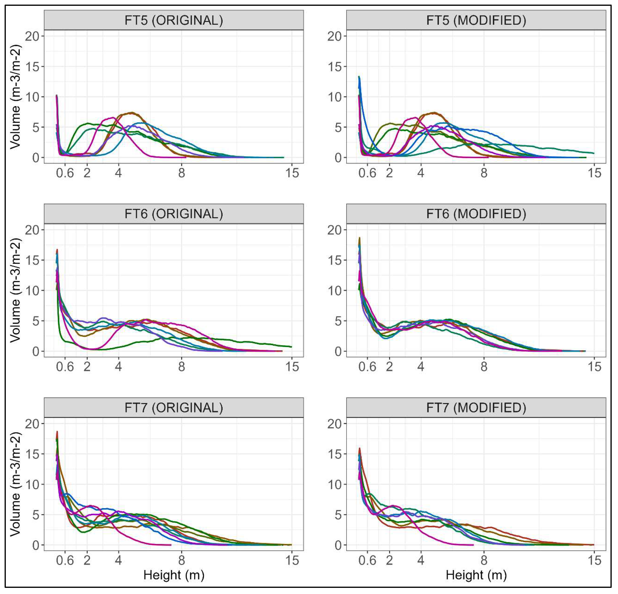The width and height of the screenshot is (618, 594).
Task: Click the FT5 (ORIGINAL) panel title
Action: point(174,20)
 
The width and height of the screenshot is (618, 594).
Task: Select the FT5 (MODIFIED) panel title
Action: point(476,20)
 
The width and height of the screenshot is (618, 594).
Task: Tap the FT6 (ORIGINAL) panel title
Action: point(174,214)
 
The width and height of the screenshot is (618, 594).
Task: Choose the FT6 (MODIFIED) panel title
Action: point(476,214)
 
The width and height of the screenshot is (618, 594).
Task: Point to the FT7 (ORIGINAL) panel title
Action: point(174,408)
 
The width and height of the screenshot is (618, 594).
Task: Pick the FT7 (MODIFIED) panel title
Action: point(476,408)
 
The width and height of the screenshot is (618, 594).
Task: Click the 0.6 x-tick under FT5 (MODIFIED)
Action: point(367,173)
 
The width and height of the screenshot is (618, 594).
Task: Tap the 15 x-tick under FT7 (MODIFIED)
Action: point(594,560)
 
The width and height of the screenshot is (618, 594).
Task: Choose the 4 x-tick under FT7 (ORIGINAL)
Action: point(118,560)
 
